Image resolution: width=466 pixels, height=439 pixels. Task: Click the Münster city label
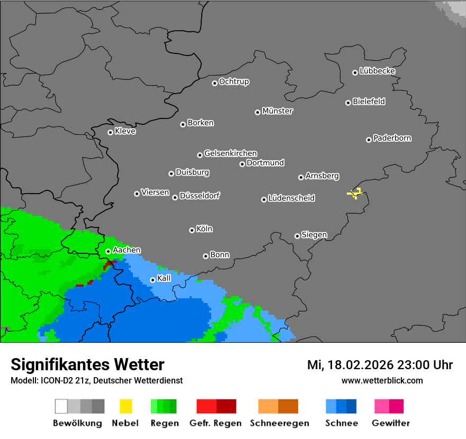[277, 111]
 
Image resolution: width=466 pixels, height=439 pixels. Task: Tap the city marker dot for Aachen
[108, 251]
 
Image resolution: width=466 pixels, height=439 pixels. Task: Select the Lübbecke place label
[377, 71]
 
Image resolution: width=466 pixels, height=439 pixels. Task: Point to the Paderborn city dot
[369, 140]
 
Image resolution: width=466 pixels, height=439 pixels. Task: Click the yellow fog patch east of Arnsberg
[355, 194]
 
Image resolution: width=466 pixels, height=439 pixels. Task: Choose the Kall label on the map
[164, 278]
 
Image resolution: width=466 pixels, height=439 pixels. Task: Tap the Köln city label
[204, 229]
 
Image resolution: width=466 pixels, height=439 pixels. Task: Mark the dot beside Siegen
[297, 236]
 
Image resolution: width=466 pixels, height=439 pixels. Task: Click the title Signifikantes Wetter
[87, 364]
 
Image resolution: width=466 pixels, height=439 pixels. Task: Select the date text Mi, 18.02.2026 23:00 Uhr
[380, 365]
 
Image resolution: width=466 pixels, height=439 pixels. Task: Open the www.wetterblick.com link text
[382, 380]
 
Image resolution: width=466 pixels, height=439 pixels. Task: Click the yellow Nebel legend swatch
[126, 406]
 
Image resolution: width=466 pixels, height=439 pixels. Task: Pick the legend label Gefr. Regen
[216, 423]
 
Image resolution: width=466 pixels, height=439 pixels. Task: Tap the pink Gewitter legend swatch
[389, 406]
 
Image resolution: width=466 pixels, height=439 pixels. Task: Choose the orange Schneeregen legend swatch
[278, 406]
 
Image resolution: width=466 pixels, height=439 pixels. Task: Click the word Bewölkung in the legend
[77, 423]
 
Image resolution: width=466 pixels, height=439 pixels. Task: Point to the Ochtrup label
[234, 81]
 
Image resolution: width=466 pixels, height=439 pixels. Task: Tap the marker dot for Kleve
[110, 132]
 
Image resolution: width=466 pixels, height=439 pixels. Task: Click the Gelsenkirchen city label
[230, 153]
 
